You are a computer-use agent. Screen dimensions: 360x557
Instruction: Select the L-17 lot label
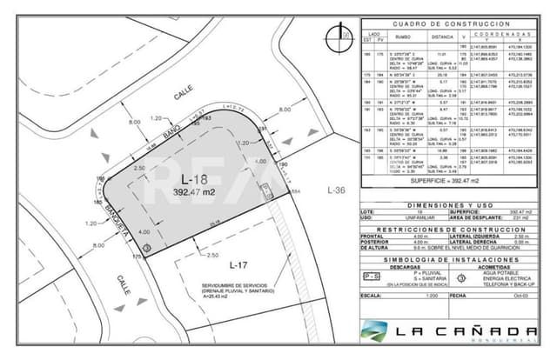coord(239,264)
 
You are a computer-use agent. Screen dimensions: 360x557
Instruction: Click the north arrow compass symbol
coord(333,36)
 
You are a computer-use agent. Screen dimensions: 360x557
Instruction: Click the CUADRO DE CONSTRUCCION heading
coord(450,23)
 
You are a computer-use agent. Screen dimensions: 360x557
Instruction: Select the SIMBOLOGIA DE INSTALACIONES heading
coord(450,257)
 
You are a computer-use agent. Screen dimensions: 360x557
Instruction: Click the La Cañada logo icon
coord(375,331)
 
